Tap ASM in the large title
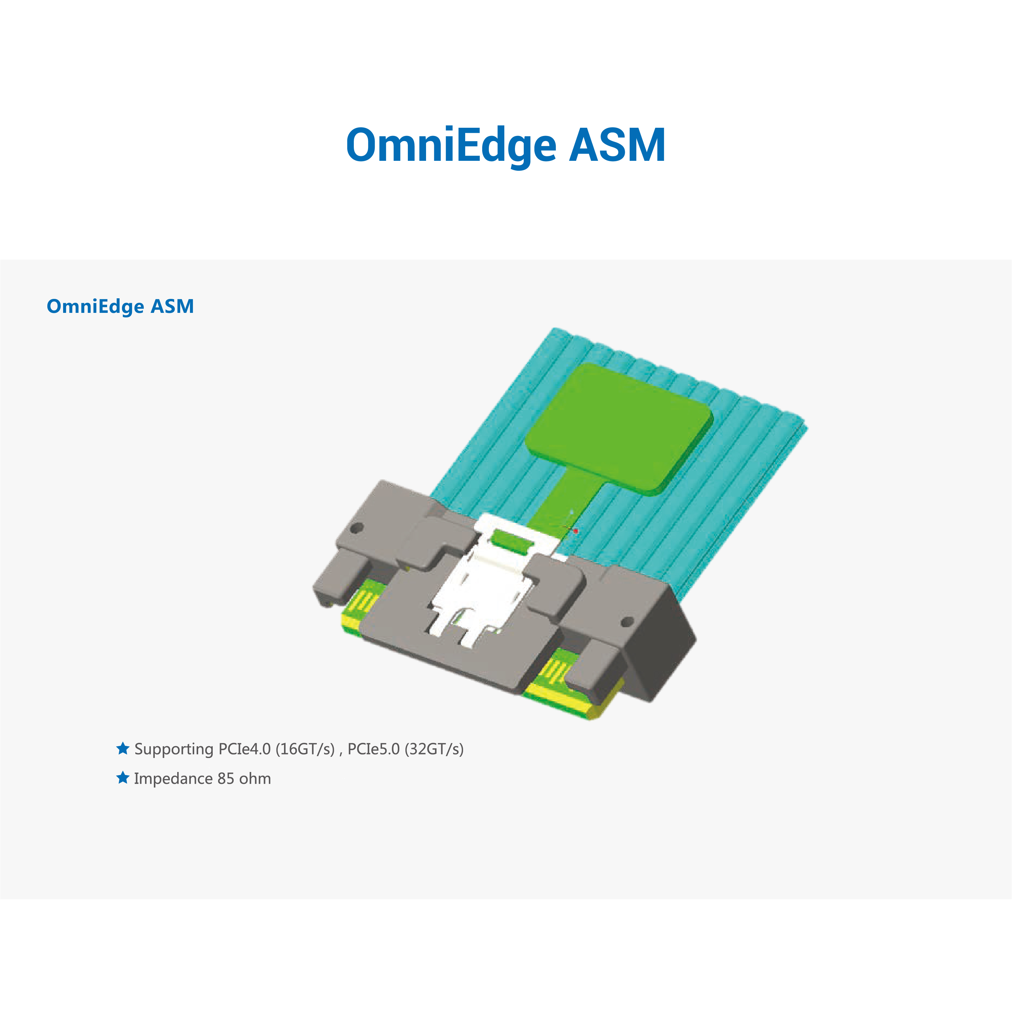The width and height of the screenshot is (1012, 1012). [617, 145]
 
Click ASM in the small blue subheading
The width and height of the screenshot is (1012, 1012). [172, 306]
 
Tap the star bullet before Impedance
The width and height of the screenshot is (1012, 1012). [123, 777]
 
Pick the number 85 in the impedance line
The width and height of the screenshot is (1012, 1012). [226, 778]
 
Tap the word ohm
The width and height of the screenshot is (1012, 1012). [255, 778]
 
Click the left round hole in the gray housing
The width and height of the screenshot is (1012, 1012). [356, 527]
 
